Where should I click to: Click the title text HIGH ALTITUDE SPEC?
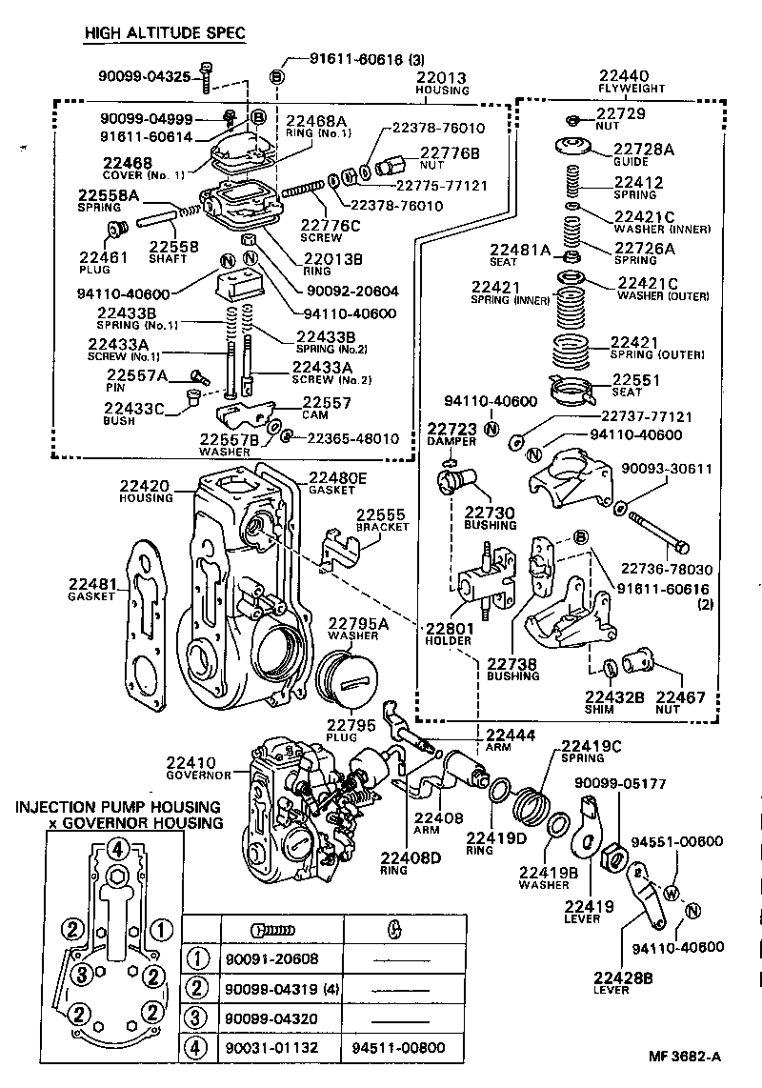click(x=164, y=33)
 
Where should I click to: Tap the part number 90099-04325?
click(x=145, y=76)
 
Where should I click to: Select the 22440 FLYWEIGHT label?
click(x=624, y=82)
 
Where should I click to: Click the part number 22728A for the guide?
click(x=642, y=149)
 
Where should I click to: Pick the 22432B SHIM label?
click(x=614, y=703)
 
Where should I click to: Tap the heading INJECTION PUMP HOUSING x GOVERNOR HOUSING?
click(x=117, y=815)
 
